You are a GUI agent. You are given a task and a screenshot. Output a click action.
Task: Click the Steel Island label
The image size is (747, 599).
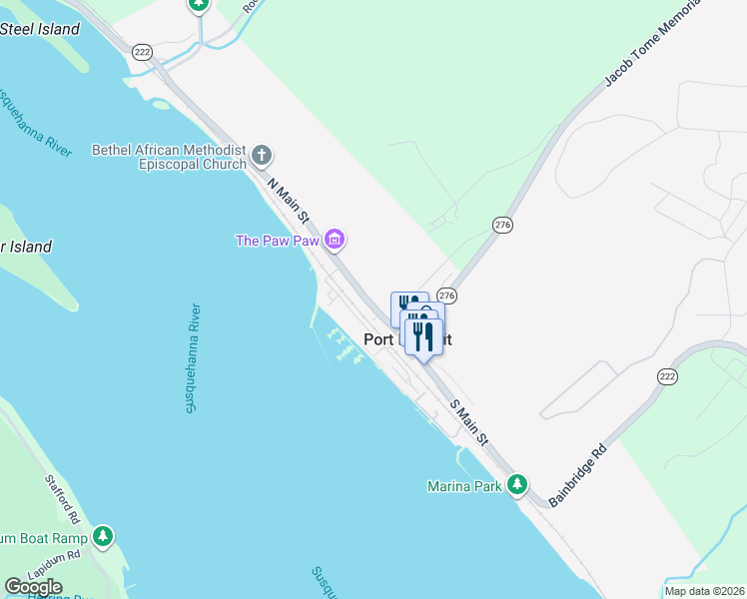point(40,29)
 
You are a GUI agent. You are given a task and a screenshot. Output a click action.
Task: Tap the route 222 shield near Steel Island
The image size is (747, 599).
point(142,51)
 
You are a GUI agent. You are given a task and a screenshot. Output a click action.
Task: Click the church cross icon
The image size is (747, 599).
point(262,155)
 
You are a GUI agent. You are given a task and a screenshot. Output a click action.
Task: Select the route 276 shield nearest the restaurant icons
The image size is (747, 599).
point(446,296)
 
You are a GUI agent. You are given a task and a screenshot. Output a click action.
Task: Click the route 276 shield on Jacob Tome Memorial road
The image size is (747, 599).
point(502,226)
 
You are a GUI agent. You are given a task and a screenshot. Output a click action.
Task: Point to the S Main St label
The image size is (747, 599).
point(469,423)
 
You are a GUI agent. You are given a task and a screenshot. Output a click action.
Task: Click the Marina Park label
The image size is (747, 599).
point(462,487)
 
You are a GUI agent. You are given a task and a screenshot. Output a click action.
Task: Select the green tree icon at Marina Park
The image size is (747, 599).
point(516,485)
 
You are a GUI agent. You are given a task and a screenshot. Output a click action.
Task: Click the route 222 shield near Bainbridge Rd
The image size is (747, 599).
point(668,375)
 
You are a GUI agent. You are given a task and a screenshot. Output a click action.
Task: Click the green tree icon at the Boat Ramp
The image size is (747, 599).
point(103,537)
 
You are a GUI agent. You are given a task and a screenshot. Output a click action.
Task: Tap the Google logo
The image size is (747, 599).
point(34,587)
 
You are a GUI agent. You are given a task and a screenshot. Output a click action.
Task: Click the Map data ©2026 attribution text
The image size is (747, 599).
point(704,591)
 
